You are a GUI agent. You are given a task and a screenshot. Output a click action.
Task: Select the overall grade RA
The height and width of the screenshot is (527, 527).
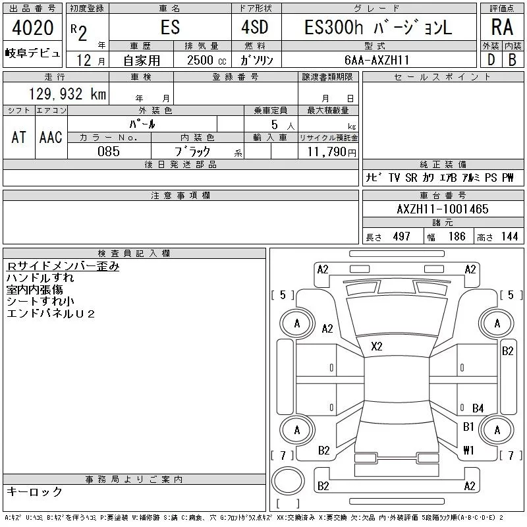pos(502,28)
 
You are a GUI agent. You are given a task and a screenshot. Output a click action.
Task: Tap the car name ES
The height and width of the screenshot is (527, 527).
pos(170,28)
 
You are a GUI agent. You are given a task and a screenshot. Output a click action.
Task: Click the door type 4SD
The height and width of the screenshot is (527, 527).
pos(250,28)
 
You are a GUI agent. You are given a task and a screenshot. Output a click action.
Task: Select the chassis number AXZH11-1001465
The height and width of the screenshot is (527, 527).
pos(442,209)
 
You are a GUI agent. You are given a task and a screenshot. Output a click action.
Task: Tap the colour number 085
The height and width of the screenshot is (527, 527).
pos(109,152)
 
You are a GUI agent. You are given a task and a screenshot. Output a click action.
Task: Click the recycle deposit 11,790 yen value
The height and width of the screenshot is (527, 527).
pos(328,152)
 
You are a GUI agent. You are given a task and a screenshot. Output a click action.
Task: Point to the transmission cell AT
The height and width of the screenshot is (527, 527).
pos(19,136)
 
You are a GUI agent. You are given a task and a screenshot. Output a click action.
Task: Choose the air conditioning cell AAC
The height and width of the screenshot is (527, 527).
pos(51,136)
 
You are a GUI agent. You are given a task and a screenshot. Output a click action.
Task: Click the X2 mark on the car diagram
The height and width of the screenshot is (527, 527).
pos(377,346)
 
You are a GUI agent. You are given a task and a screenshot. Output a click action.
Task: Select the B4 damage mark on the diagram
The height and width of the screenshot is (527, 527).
pos(478,408)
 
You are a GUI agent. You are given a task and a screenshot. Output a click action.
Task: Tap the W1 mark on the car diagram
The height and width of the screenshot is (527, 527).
pos(469,451)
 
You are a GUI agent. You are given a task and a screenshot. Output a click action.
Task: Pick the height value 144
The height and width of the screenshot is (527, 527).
pos(509,236)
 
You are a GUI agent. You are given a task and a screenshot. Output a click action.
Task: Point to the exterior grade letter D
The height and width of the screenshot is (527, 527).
pos(491,60)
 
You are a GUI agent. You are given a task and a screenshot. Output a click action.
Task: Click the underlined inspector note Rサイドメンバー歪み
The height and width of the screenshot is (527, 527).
pos(63,266)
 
